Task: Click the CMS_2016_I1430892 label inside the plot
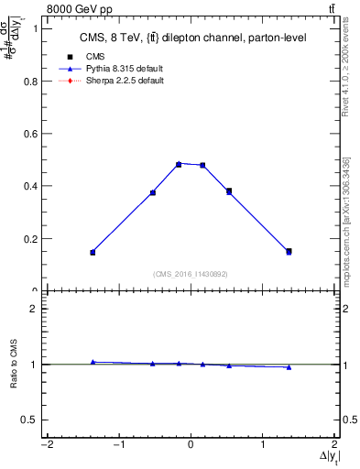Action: pos(191,273)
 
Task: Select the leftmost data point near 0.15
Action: pos(93,252)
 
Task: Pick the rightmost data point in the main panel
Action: pos(289,251)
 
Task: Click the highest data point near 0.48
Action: pos(179,164)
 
